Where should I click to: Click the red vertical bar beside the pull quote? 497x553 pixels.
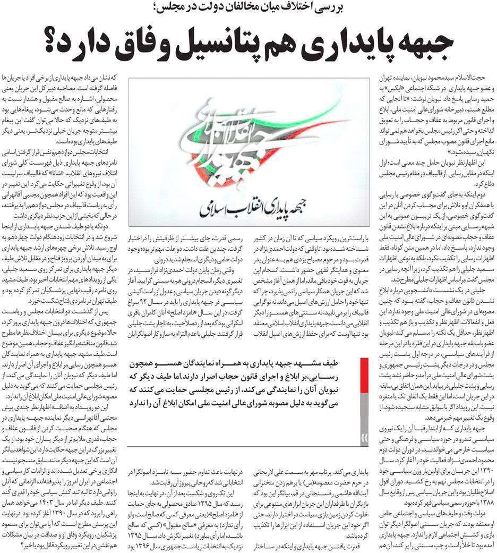pos(364,393)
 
